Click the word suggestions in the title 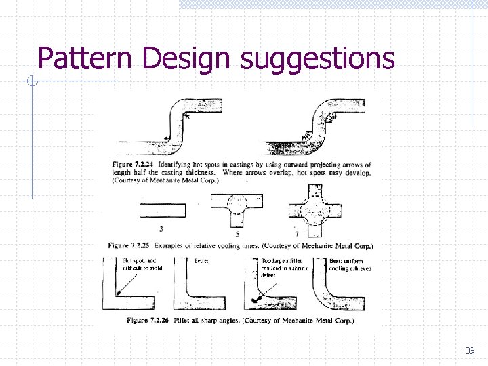click(317, 59)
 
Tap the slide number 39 click(469, 350)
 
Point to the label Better click(202, 260)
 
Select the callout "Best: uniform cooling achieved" click(350, 264)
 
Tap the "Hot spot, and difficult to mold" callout click(142, 264)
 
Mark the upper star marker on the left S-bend click(186, 117)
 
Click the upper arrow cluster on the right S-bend click(330, 119)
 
